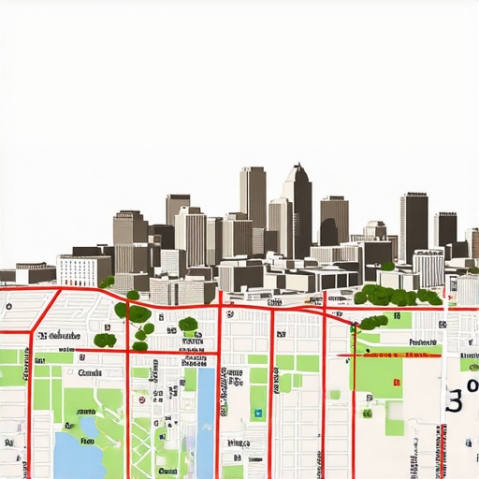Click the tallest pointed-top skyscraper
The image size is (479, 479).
click(x=298, y=210)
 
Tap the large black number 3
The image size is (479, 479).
click(x=456, y=400)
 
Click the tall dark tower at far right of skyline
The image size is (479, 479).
click(x=414, y=225)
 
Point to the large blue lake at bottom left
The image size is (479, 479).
click(x=75, y=447)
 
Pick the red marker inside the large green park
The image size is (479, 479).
click(x=399, y=384)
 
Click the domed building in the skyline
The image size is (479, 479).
click(x=375, y=230)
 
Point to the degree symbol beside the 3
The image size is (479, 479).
click(x=472, y=385)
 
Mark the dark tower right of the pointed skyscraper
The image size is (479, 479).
click(x=334, y=220)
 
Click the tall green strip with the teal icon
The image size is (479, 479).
click(x=257, y=393)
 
